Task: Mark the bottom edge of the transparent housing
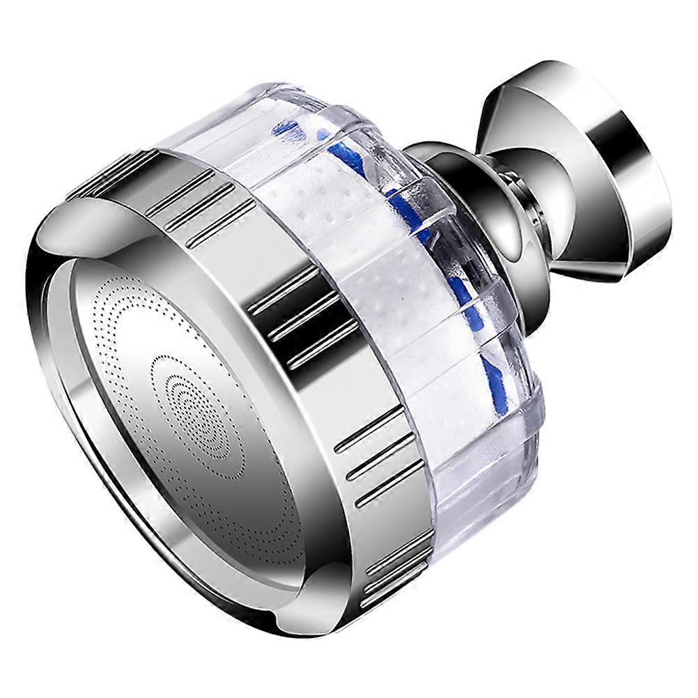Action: (x=488, y=488)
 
